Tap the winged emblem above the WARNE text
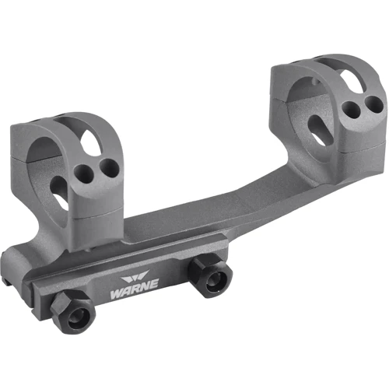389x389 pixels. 135,276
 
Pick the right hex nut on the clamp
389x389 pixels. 210,275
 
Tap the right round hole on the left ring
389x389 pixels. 109,166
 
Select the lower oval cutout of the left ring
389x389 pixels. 60,193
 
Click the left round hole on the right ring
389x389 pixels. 352,108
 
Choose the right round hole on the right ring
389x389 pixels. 374,104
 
